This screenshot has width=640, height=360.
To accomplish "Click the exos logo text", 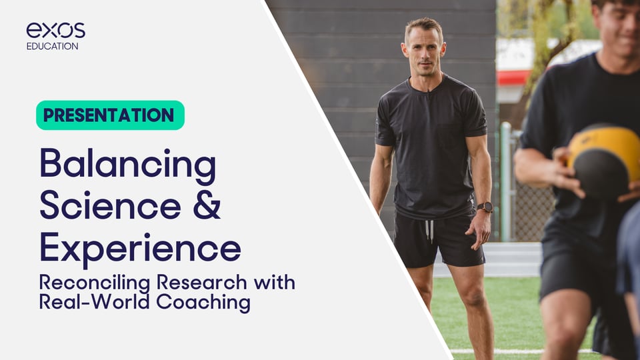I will point(55,30).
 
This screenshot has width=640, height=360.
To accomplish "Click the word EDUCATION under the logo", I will point(52,47).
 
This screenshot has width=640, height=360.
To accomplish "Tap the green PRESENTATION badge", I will point(109,115).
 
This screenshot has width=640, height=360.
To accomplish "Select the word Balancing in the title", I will point(127,164).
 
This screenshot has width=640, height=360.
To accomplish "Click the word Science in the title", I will point(107,206).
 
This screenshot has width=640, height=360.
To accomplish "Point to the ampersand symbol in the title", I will point(207,206).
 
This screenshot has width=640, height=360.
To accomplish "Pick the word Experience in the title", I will point(140,248).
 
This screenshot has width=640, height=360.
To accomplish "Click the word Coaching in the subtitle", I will point(203,303).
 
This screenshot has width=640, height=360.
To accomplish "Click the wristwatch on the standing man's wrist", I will point(485,207).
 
